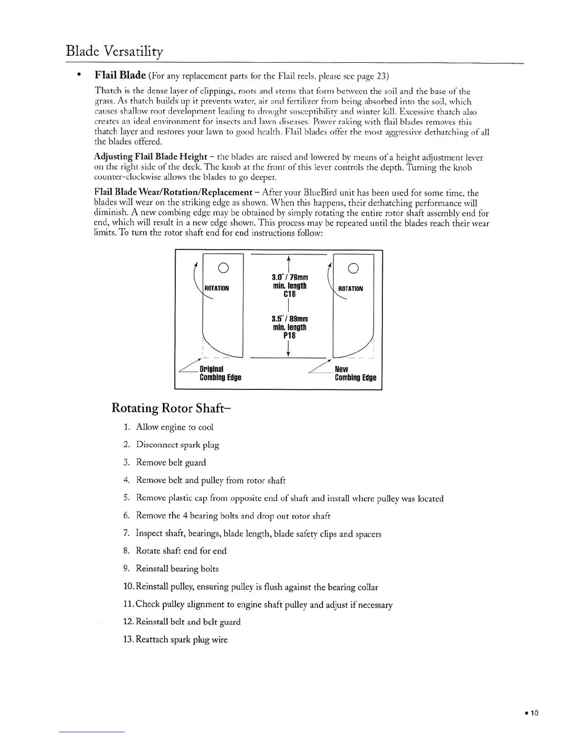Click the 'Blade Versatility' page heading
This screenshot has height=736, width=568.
(114, 51)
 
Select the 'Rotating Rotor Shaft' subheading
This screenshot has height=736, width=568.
(171, 408)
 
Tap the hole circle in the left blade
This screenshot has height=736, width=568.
(223, 268)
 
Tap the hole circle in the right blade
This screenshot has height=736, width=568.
(353, 268)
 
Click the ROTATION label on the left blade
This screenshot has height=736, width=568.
(217, 289)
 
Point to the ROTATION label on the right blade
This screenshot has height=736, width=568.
(350, 289)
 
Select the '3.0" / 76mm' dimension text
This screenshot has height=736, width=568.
(290, 278)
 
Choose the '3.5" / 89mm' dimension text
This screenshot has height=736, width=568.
(290, 319)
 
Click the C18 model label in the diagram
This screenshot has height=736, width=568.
(290, 294)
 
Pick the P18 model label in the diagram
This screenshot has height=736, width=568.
(290, 335)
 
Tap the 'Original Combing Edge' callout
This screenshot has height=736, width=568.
(220, 373)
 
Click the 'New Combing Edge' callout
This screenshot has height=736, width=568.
(355, 373)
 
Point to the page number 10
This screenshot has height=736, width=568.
(534, 713)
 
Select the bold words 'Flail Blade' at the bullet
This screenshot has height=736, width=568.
(120, 75)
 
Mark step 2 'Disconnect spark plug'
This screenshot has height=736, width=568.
(177, 445)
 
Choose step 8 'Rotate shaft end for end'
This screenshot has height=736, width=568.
(181, 551)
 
